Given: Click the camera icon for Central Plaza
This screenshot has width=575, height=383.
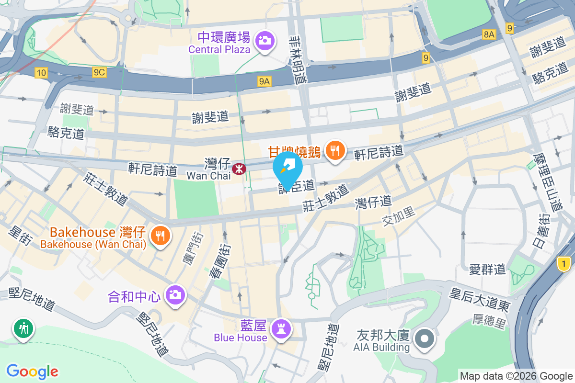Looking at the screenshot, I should point(264,40).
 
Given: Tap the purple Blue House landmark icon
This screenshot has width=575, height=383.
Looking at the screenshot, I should point(279,328).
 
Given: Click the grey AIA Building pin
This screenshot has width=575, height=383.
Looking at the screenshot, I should point(424,339).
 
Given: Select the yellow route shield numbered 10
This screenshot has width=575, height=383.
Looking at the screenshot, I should point(41,73).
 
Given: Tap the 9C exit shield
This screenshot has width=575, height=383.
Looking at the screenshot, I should point(99,72).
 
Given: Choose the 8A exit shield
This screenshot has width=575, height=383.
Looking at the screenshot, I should point(489,34).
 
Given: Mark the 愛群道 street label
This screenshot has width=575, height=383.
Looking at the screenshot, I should point(488,269).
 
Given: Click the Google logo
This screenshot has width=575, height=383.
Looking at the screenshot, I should point(32,371).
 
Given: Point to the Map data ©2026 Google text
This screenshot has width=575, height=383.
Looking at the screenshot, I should point(517,376).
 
